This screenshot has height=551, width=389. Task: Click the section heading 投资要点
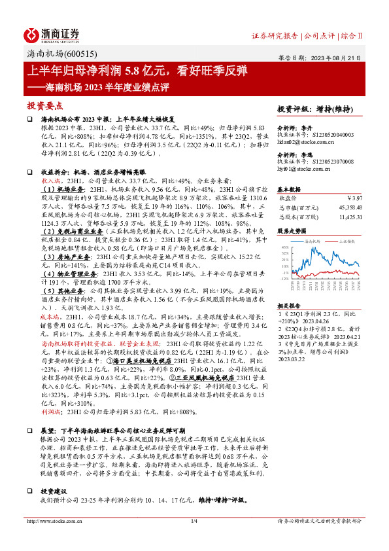point(44,105)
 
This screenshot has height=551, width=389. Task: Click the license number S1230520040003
point(331,134)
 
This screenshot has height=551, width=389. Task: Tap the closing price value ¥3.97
point(354,198)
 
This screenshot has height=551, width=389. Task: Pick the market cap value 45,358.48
point(348,206)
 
